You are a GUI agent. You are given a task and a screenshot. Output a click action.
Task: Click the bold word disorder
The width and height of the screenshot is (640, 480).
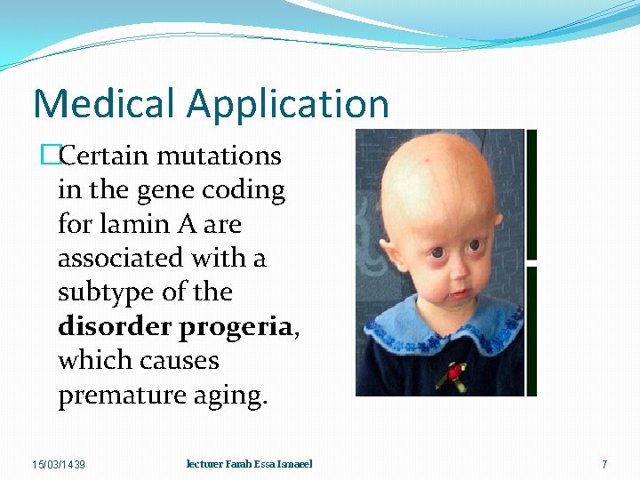click(115, 326)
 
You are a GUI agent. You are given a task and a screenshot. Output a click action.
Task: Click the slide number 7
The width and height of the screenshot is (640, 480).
click(604, 465)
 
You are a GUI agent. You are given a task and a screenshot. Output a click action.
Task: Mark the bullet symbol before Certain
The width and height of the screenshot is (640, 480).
click(48, 157)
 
